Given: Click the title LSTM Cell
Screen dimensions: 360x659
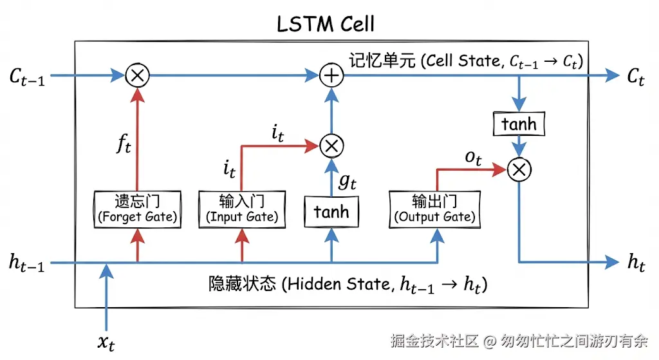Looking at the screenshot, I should click(325, 24).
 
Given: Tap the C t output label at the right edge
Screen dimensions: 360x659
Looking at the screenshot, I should click(635, 77).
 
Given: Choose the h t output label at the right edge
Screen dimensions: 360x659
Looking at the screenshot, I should click(635, 263).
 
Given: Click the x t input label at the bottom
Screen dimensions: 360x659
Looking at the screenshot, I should click(106, 342).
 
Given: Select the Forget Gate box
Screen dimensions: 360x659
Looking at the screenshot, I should click(136, 209).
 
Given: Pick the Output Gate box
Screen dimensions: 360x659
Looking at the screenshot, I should click(436, 209).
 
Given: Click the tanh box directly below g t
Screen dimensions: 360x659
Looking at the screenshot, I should click(331, 212).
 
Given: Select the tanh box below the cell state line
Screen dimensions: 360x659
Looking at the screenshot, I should click(519, 123).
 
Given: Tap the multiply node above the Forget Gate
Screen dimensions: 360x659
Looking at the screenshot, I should click(136, 75).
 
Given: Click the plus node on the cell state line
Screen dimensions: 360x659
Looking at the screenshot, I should click(331, 75).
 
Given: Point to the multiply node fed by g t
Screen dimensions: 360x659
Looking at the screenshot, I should click(331, 146).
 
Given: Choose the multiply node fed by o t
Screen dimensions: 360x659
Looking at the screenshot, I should click(519, 169).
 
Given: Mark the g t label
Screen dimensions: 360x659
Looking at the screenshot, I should click(348, 182).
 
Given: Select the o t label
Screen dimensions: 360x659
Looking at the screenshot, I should click(473, 158).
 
